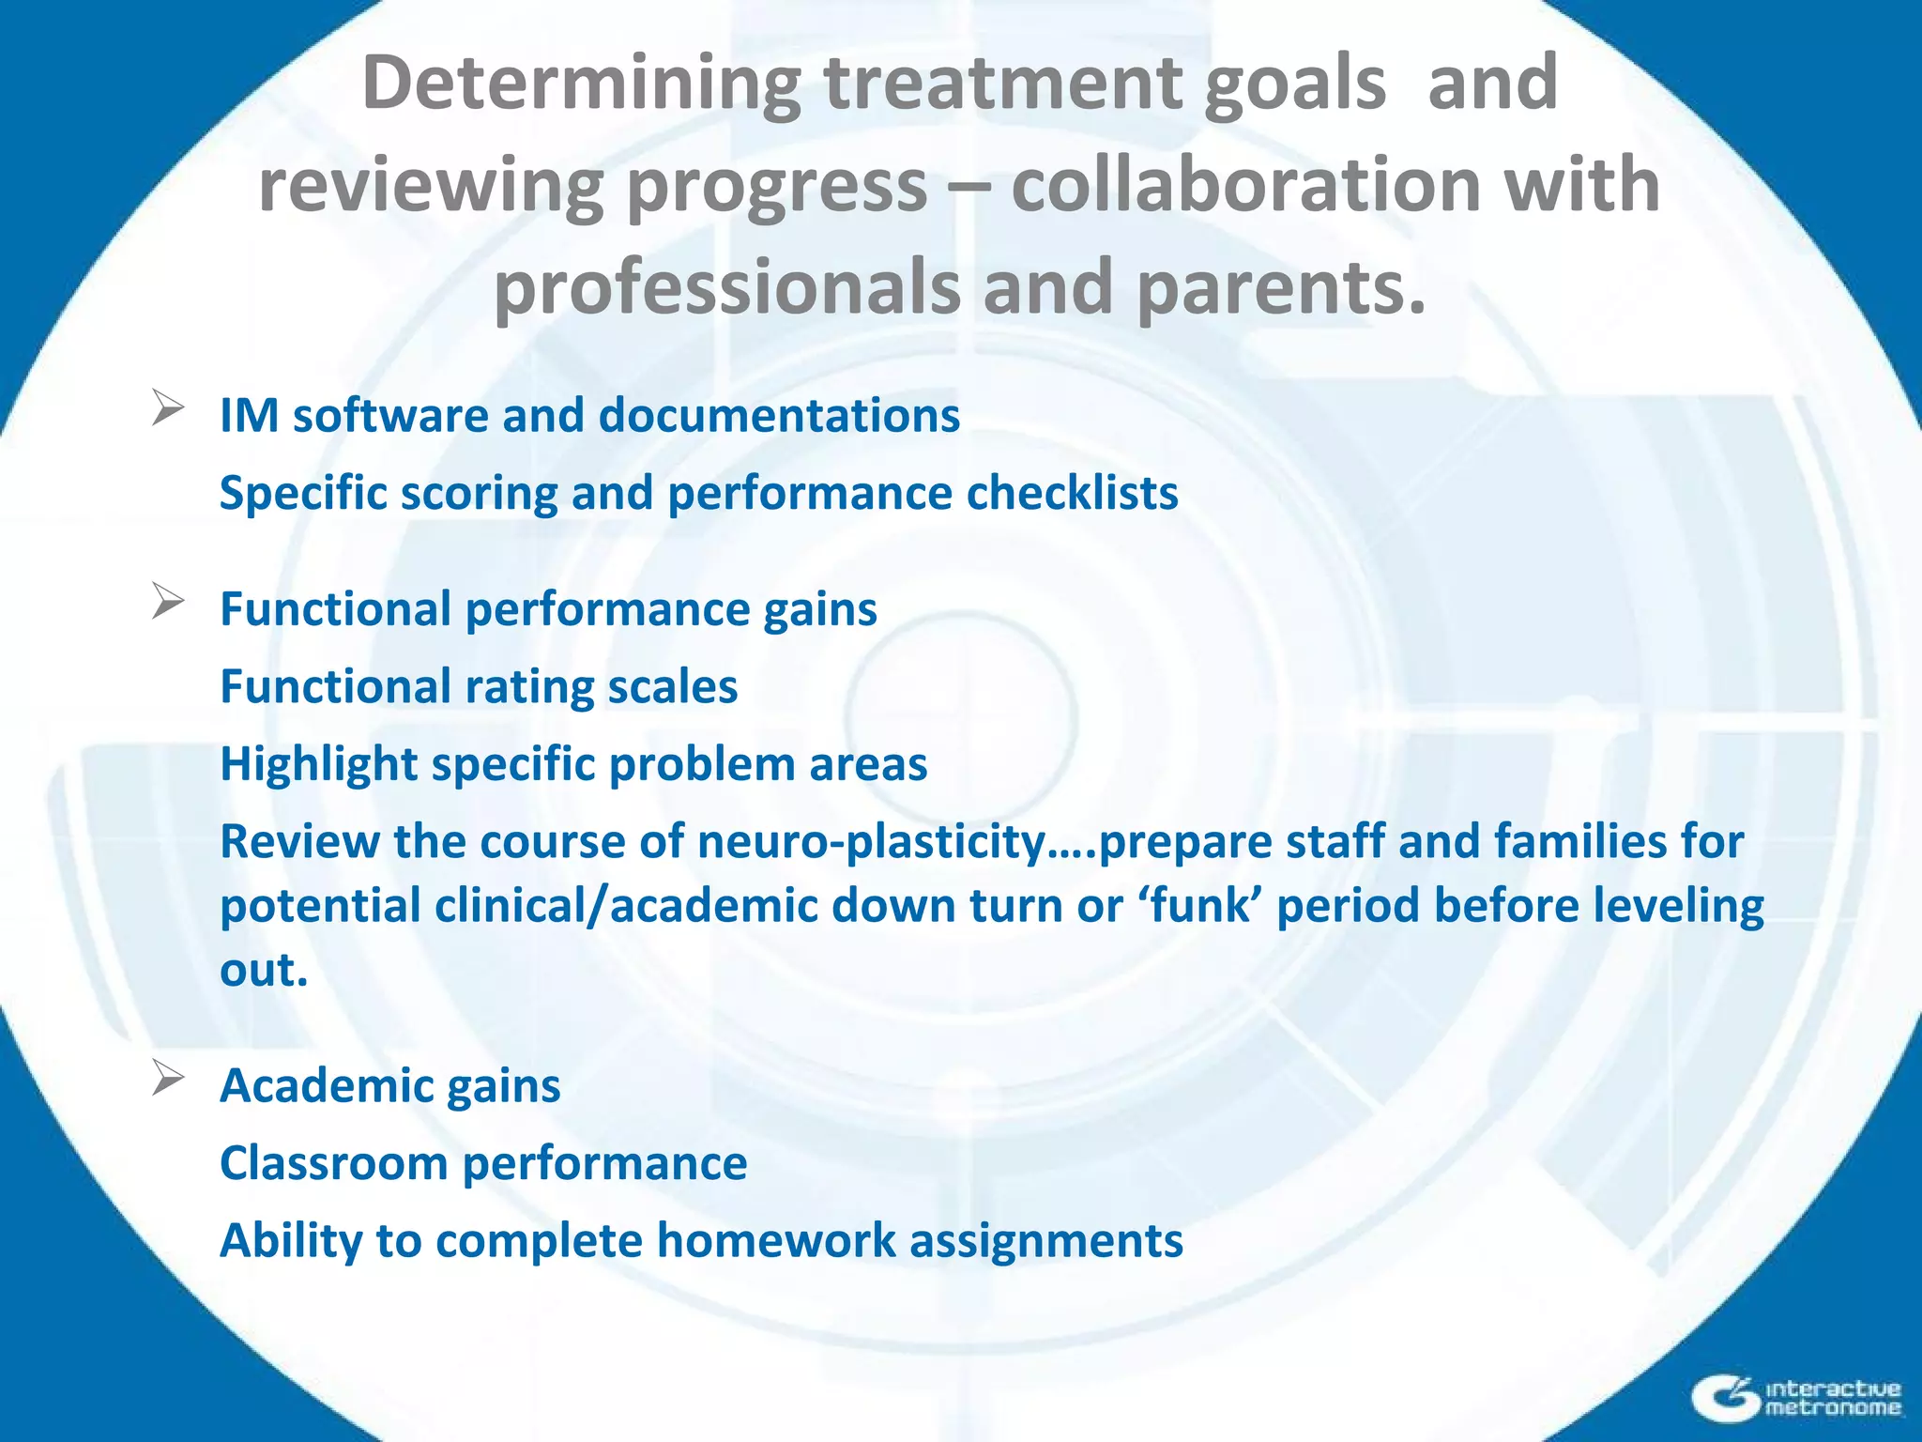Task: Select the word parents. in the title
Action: coord(1281,287)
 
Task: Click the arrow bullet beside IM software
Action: coord(167,409)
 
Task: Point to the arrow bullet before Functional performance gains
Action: coord(167,602)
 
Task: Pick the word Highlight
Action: coord(318,765)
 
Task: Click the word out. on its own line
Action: coord(264,971)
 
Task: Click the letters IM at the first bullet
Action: coord(249,416)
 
